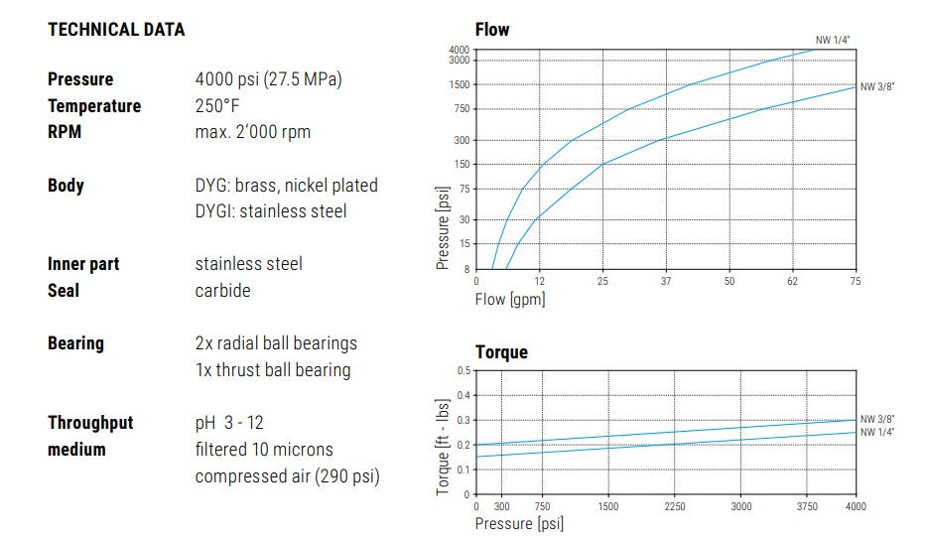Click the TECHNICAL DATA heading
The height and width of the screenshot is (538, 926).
click(x=116, y=30)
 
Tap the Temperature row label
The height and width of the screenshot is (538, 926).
click(x=94, y=106)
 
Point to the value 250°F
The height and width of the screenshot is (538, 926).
click(x=219, y=106)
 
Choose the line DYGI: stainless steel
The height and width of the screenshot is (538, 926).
click(x=271, y=211)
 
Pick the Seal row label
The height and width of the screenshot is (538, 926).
click(x=64, y=291)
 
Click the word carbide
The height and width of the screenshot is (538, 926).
click(x=222, y=291)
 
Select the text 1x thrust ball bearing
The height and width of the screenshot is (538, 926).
click(x=273, y=370)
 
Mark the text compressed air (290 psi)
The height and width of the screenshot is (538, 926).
click(x=287, y=476)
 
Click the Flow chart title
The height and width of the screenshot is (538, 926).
click(x=492, y=30)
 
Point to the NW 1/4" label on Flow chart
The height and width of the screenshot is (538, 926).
click(x=833, y=40)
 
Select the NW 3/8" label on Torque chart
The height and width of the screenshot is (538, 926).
click(x=877, y=419)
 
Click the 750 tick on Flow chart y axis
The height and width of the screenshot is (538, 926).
click(x=460, y=109)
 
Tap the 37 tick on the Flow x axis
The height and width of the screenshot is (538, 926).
click(x=666, y=281)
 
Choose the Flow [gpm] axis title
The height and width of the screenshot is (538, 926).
click(x=510, y=298)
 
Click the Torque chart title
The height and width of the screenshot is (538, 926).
click(x=501, y=352)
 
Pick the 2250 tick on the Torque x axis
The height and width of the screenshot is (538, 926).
click(x=675, y=506)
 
